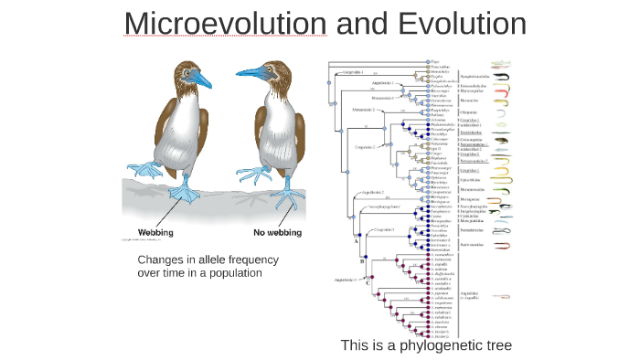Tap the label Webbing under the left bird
click(x=160, y=232)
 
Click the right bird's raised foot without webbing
click(x=249, y=172)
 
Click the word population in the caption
click(x=236, y=273)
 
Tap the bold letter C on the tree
click(x=368, y=282)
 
